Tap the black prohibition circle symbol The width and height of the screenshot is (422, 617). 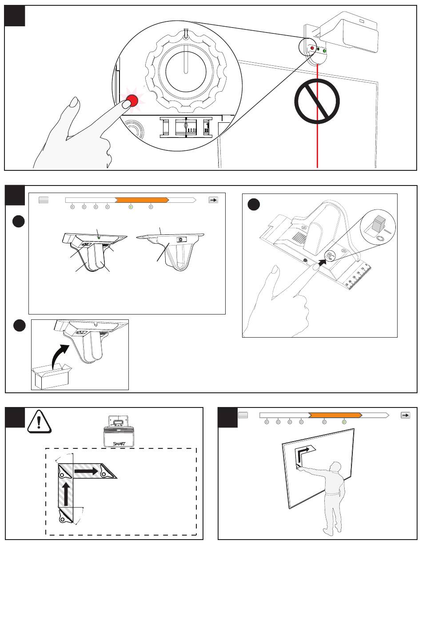point(317,102)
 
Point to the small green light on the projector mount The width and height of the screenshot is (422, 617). point(325,51)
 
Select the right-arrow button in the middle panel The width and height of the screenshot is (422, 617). point(213,200)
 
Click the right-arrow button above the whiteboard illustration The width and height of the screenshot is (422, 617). point(405,415)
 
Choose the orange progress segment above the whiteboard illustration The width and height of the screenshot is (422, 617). point(335,415)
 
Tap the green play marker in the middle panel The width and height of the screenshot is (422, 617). point(131,207)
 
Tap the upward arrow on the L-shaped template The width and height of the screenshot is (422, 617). point(66,494)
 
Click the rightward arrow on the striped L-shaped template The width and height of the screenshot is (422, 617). point(86,471)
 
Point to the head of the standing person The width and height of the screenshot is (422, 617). point(336,467)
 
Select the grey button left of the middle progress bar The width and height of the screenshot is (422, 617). point(44,200)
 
